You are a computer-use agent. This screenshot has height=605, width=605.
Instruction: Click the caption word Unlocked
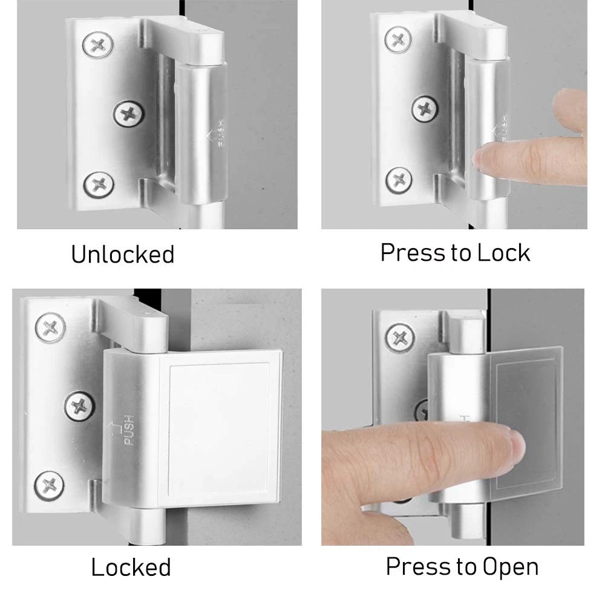123,254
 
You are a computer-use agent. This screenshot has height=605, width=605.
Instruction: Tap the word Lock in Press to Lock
503,253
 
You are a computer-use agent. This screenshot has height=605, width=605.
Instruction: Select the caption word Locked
131,567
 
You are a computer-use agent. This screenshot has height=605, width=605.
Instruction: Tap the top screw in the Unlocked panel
98,45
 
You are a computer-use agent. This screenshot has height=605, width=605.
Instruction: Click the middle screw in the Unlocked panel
129,114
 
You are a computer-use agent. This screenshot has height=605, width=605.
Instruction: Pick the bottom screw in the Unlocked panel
99,185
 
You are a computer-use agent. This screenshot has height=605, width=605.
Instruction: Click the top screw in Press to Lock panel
398,39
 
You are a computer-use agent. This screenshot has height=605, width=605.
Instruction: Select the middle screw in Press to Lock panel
425,109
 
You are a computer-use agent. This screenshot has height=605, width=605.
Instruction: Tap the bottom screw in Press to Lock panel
399,180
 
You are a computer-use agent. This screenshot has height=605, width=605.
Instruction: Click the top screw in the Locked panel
50,328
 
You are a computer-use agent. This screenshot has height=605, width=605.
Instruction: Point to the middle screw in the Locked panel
79,406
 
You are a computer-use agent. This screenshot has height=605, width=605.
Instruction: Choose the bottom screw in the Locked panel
50,485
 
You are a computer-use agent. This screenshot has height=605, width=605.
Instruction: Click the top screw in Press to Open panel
401,338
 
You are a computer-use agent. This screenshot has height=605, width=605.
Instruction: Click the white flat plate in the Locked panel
220,428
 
